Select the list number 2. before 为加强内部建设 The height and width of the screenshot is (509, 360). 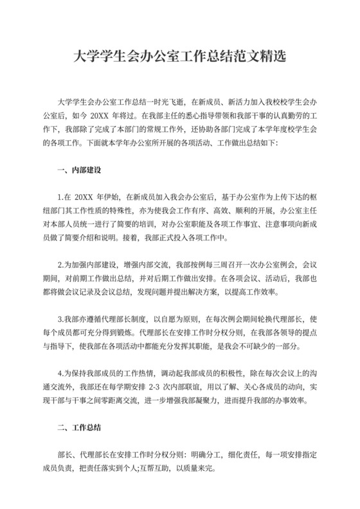(60, 264)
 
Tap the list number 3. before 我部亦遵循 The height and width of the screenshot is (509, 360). (60, 318)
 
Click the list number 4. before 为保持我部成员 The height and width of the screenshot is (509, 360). (60, 373)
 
